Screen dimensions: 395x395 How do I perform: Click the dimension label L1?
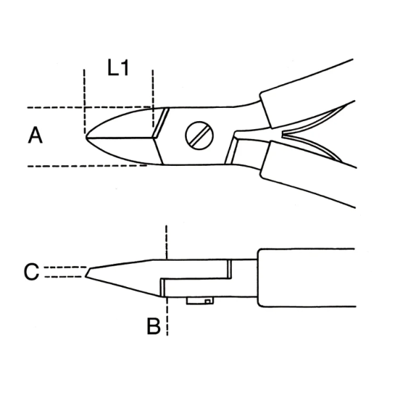pos(118,69)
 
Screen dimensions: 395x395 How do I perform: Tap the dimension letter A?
pos(36,136)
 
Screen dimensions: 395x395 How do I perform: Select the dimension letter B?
pos(153,326)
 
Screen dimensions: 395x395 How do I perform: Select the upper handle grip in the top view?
pos(309,86)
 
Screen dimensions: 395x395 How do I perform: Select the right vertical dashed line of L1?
pos(153,92)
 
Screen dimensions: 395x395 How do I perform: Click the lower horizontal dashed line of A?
pos(66,165)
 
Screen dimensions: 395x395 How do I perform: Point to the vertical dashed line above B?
pos(167,240)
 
